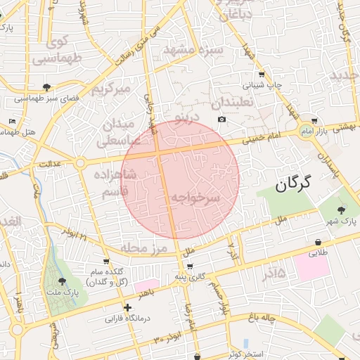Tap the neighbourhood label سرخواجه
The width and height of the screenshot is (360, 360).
[x=195, y=198]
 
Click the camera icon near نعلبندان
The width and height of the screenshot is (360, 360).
[x=222, y=120]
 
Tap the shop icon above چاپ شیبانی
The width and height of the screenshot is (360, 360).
[x=262, y=75]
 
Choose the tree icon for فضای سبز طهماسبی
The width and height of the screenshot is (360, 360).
[x=46, y=87]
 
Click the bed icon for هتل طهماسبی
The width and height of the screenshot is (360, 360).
[x=12, y=121]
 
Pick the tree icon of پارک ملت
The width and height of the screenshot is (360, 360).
[x=62, y=281]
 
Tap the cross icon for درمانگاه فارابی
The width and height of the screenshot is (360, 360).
[x=127, y=307]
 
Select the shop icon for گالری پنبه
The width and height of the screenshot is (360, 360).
[x=191, y=266]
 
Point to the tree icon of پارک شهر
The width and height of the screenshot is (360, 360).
[x=342, y=210]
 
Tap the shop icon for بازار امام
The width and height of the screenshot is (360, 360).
[x=314, y=120]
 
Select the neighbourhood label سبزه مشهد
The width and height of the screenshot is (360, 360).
[x=193, y=50]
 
